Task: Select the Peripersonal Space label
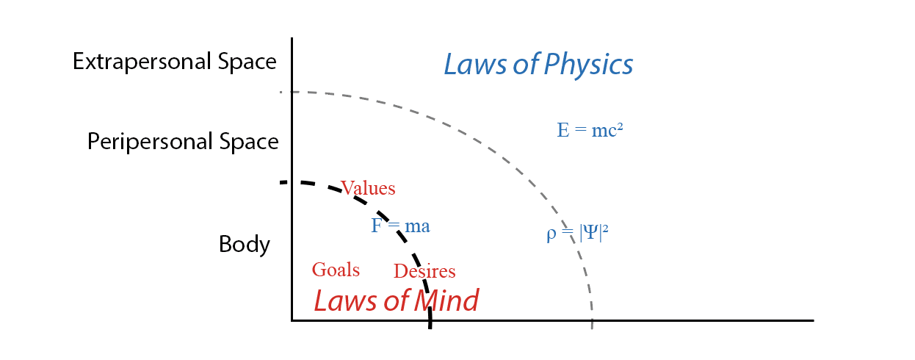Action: tap(183, 141)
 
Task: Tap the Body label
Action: tap(245, 244)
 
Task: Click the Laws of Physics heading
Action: tap(538, 65)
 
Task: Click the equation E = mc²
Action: tap(590, 130)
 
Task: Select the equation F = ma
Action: tap(400, 226)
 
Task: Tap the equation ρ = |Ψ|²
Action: tap(577, 234)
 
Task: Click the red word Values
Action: tap(368, 188)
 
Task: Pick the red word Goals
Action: tap(336, 270)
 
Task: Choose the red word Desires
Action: tap(424, 271)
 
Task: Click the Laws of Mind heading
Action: tap(397, 300)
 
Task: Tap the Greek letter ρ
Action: tap(551, 235)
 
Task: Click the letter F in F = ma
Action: tap(376, 226)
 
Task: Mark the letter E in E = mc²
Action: tap(563, 130)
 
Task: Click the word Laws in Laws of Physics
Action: tap(473, 65)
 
